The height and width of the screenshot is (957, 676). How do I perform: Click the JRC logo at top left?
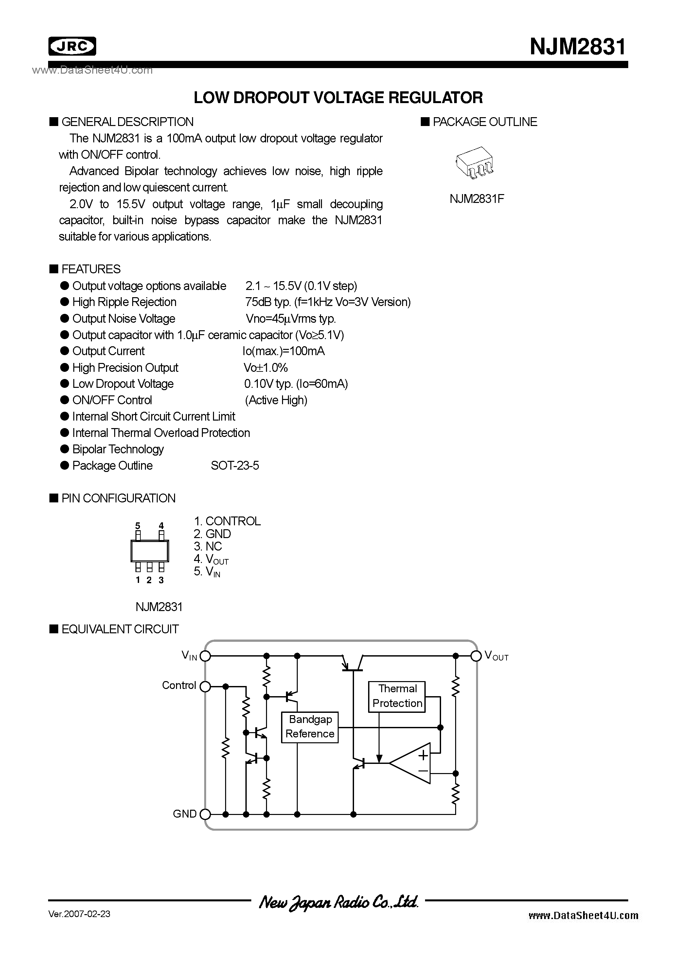tap(72, 46)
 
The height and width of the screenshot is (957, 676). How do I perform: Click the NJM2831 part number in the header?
tap(578, 46)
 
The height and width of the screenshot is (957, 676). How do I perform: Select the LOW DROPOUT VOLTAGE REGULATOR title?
tap(338, 98)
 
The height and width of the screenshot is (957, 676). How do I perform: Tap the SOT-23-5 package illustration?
tap(475, 163)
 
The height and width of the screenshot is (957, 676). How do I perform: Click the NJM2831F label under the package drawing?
tap(476, 199)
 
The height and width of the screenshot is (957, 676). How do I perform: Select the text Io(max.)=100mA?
tap(283, 351)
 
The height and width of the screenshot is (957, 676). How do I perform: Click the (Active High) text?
tap(276, 400)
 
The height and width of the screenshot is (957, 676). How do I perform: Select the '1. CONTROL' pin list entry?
tap(227, 521)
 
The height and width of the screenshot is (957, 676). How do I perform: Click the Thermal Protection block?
tap(397, 696)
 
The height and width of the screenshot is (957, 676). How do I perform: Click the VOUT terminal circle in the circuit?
tap(475, 656)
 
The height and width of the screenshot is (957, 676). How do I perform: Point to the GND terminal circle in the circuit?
tap(205, 814)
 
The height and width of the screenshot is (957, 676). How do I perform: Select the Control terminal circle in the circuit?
tap(205, 686)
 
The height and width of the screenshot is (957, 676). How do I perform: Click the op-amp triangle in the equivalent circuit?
tap(413, 763)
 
